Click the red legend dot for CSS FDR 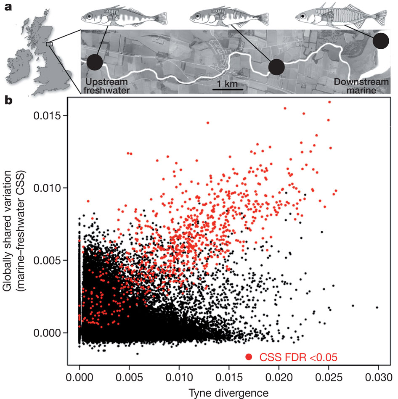tap(249, 357)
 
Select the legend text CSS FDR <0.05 tap(298, 357)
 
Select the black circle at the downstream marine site tap(381, 41)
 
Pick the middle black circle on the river tap(276, 67)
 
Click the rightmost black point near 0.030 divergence tap(377, 307)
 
